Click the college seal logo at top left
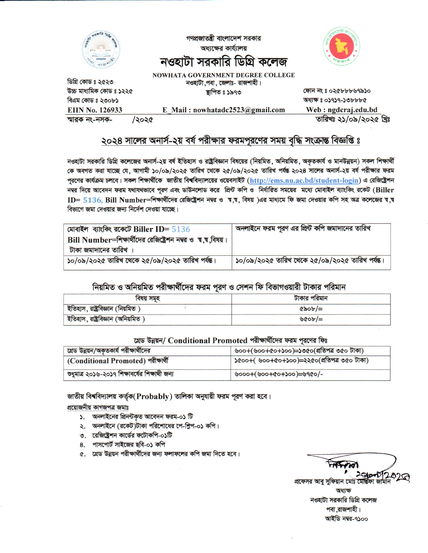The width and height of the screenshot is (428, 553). [x=101, y=50]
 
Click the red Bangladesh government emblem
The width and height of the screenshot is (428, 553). [x=342, y=46]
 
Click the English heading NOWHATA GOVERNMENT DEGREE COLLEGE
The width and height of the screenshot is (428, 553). [x=223, y=75]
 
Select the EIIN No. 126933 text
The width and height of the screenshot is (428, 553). [x=95, y=110]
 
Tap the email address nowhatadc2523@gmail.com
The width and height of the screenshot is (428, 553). [x=239, y=110]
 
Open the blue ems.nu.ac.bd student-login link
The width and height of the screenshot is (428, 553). [x=304, y=180]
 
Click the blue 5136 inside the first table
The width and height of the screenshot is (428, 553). [x=181, y=229]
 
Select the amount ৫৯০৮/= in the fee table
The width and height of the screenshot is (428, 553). [x=311, y=309]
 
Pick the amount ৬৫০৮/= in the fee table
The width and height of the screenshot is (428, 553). [x=311, y=319]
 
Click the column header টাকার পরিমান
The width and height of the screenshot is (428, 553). [x=311, y=298]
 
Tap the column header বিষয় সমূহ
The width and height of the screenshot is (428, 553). [x=148, y=298]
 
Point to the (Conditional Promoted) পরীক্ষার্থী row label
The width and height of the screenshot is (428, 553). [x=118, y=361]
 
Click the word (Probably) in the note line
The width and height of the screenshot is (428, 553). [x=153, y=396]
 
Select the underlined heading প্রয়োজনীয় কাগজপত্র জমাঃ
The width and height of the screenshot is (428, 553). [x=98, y=407]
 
